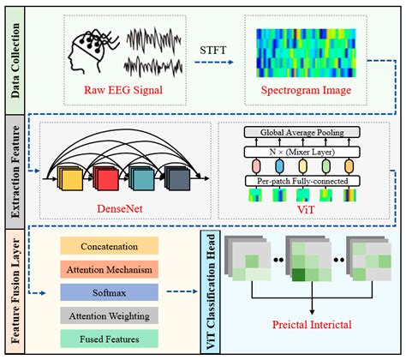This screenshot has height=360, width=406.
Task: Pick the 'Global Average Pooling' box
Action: [x=296, y=133]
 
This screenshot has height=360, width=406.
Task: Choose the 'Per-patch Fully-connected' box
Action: [x=296, y=182]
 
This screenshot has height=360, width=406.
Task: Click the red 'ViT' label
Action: [x=296, y=208]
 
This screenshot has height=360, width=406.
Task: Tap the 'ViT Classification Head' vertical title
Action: [x=210, y=290]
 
